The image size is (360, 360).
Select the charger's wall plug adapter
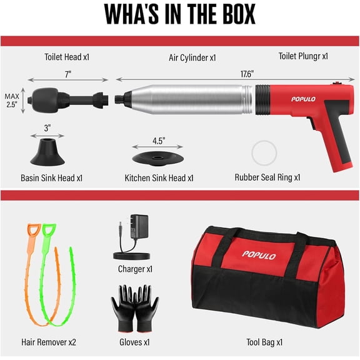tap(139, 227)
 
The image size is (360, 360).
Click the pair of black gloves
tap(135, 308)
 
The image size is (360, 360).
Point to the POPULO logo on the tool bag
tap(259, 255)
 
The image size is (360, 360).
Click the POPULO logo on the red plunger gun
tap(303, 99)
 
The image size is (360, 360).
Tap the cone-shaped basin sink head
tap(47, 152)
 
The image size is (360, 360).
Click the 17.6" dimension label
tap(247, 74)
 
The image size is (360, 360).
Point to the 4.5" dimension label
tap(159, 141)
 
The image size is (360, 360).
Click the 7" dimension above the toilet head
tap(68, 74)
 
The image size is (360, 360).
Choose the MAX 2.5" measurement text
tap(12, 101)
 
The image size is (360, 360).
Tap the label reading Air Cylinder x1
tap(192, 57)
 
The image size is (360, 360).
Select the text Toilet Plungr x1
tap(303, 56)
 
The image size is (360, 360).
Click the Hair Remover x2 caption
tap(49, 342)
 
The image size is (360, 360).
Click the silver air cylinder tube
tap(186, 99)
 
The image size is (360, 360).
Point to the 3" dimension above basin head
tap(47, 128)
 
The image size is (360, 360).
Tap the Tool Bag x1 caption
tap(264, 342)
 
